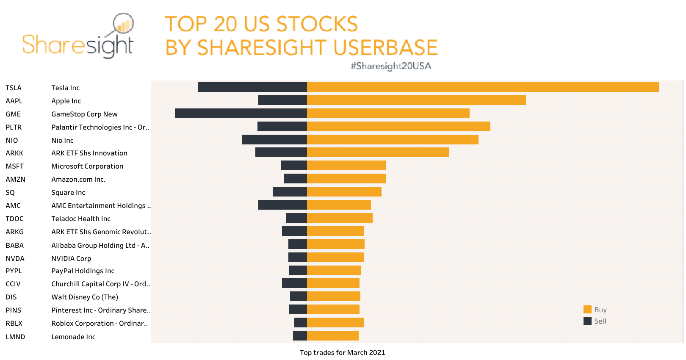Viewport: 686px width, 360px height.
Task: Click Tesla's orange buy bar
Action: pyautogui.click(x=483, y=87)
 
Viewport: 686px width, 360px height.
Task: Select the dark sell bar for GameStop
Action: pyautogui.click(x=241, y=114)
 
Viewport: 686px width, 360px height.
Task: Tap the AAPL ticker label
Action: pyautogui.click(x=14, y=101)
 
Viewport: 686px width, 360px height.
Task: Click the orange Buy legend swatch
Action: pyautogui.click(x=587, y=310)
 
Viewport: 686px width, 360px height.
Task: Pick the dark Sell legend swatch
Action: pyautogui.click(x=587, y=321)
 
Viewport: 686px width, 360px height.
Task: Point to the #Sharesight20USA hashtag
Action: pyautogui.click(x=391, y=66)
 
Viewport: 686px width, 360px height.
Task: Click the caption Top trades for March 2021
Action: pyautogui.click(x=342, y=352)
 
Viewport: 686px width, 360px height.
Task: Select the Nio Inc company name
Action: pyautogui.click(x=62, y=140)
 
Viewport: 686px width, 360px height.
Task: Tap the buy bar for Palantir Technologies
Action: pyautogui.click(x=398, y=127)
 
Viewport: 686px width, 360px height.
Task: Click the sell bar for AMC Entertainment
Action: pyautogui.click(x=282, y=205)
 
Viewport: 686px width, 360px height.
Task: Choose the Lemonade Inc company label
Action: pyautogui.click(x=73, y=337)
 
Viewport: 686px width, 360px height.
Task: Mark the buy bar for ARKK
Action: pyautogui.click(x=378, y=152)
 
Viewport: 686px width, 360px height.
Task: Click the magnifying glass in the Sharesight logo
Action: pyautogui.click(x=123, y=24)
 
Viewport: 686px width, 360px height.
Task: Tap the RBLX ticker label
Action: pyautogui.click(x=14, y=323)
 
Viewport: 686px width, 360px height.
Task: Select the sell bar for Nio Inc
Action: pyautogui.click(x=274, y=140)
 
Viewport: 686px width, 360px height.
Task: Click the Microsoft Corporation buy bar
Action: pyautogui.click(x=346, y=166)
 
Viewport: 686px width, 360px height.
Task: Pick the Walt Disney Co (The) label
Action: pyautogui.click(x=85, y=297)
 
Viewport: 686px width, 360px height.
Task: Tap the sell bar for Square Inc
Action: pyautogui.click(x=290, y=192)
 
